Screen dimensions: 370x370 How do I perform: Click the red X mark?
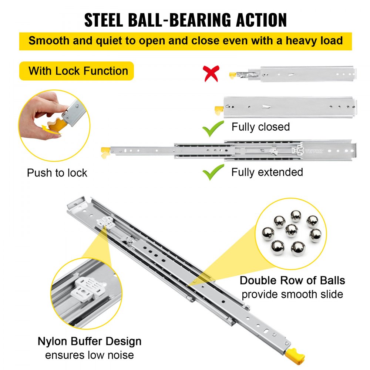212,74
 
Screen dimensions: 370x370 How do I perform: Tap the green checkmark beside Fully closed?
213,128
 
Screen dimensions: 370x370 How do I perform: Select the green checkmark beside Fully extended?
213,172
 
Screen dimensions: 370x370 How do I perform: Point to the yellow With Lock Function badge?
77,71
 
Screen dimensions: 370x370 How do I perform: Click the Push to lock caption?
57,173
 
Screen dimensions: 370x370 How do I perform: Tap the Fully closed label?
260,127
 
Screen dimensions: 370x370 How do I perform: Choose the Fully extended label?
267,172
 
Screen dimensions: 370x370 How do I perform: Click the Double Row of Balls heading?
292,280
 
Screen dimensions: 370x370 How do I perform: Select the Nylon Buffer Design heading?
90,341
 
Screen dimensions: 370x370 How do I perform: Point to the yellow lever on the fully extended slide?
105,151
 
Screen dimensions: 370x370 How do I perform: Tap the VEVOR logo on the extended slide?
314,151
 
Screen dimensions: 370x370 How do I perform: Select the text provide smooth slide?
292,295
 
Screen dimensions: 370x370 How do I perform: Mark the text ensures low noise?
90,355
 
